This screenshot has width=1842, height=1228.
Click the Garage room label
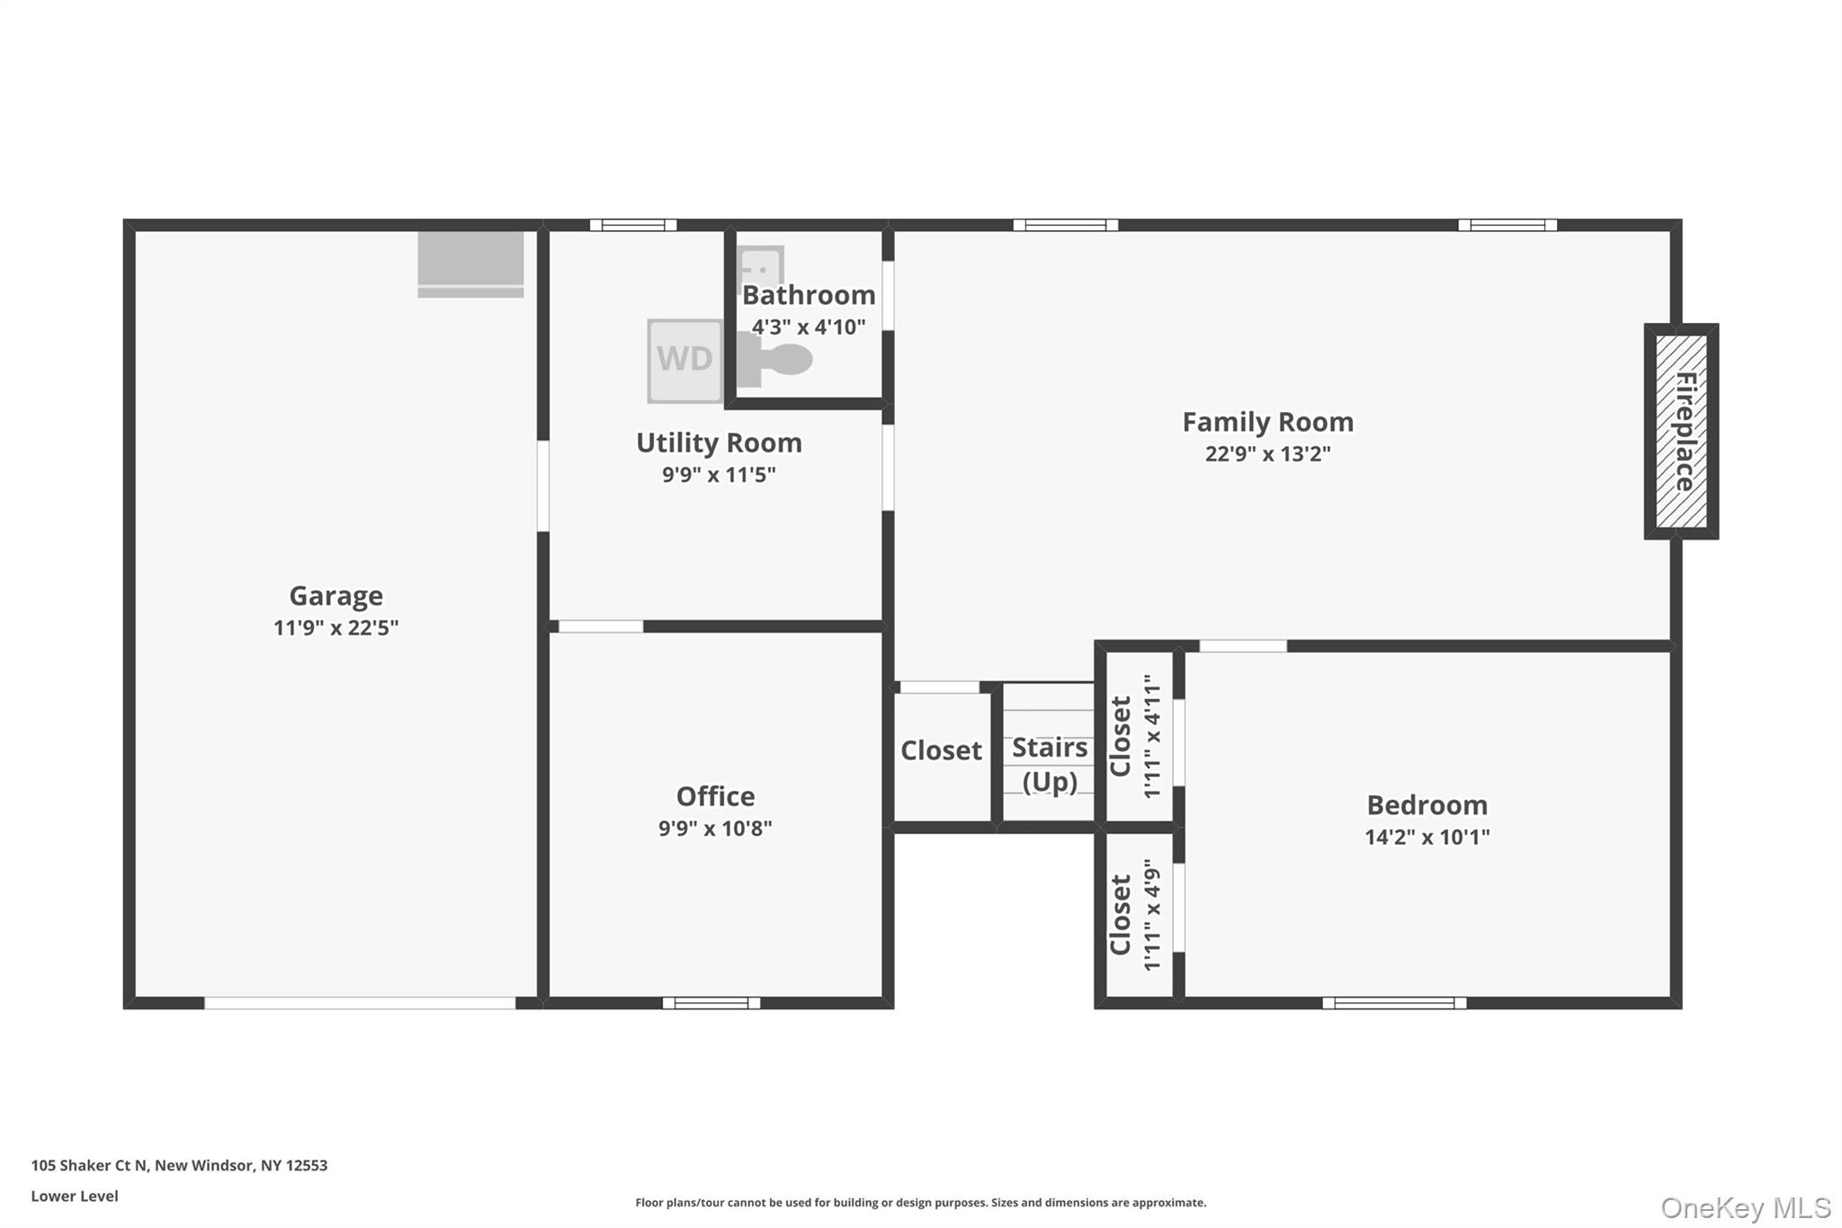click(335, 596)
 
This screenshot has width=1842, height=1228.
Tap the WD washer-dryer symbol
click(684, 360)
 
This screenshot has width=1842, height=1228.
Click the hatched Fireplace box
click(1681, 431)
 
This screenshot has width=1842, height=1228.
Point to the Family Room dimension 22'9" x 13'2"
click(1267, 453)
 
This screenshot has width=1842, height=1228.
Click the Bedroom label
click(1426, 804)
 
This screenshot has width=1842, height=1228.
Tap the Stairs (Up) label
click(1049, 764)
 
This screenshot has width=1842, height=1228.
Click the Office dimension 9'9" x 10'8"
click(715, 828)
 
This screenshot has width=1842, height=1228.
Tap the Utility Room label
click(719, 443)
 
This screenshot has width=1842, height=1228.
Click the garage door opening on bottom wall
click(360, 1002)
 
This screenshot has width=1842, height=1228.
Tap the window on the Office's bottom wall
click(711, 1002)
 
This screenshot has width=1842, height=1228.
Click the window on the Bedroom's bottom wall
click(1394, 1002)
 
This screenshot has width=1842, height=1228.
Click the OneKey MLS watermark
click(1745, 1207)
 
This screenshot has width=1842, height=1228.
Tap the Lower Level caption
click(75, 1196)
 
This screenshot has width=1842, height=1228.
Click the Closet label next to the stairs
click(941, 750)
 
